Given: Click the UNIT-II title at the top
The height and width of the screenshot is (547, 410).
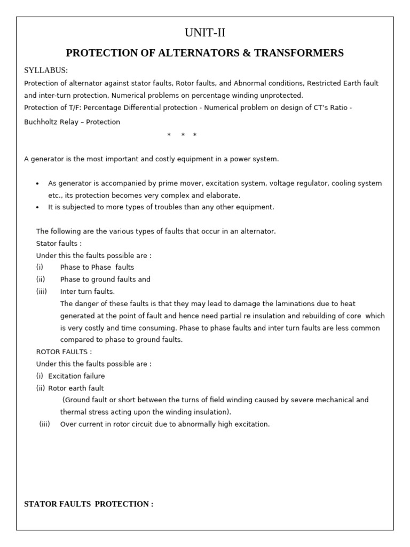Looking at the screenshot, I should point(205,33).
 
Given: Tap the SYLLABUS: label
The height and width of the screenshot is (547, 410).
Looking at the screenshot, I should point(46,71).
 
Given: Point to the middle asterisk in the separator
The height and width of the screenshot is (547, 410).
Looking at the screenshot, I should point(183,135).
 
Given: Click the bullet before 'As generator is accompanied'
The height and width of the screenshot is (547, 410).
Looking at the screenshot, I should point(37,184).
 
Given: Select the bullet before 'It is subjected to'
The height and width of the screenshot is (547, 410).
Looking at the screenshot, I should point(37,207).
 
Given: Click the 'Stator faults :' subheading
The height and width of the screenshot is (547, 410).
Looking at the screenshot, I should point(59,243).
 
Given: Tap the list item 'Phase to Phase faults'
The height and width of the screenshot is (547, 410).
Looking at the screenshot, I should point(97,267).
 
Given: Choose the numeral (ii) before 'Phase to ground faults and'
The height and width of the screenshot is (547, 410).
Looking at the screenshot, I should point(41,279).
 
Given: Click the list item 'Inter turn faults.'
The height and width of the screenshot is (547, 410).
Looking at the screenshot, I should point(87,291).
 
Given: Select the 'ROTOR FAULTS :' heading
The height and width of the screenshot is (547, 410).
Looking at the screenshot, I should point(64,351).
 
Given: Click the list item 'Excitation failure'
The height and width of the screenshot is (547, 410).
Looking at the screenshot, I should point(76,376).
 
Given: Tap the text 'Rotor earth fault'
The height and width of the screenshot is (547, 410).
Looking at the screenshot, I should point(76,388).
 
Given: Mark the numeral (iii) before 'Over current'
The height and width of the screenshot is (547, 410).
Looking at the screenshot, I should point(45,424).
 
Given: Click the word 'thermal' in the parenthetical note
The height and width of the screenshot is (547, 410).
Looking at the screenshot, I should point(73,412).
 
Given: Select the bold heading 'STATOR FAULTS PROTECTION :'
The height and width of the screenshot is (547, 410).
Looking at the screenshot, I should point(89,504).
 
